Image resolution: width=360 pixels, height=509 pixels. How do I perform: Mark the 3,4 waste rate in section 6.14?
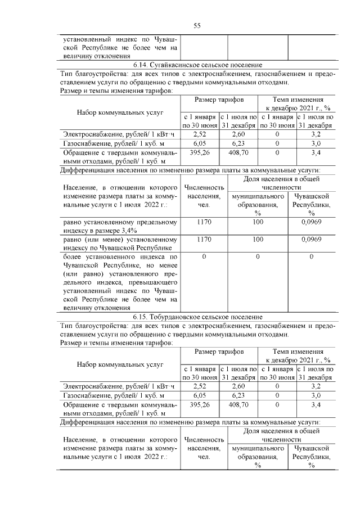point(316,153)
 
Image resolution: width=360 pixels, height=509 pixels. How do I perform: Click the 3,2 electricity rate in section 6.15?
point(316,386)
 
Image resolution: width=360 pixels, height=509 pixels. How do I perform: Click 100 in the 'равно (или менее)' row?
point(258,240)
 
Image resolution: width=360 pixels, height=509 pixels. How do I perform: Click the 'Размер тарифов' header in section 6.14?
point(219,100)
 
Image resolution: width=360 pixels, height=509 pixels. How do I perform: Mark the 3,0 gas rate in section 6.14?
point(316,144)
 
